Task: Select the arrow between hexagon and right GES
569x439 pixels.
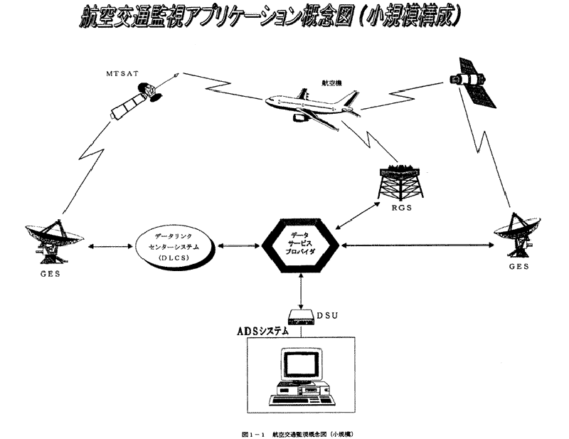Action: point(416,246)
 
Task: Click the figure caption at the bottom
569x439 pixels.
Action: point(303,433)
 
